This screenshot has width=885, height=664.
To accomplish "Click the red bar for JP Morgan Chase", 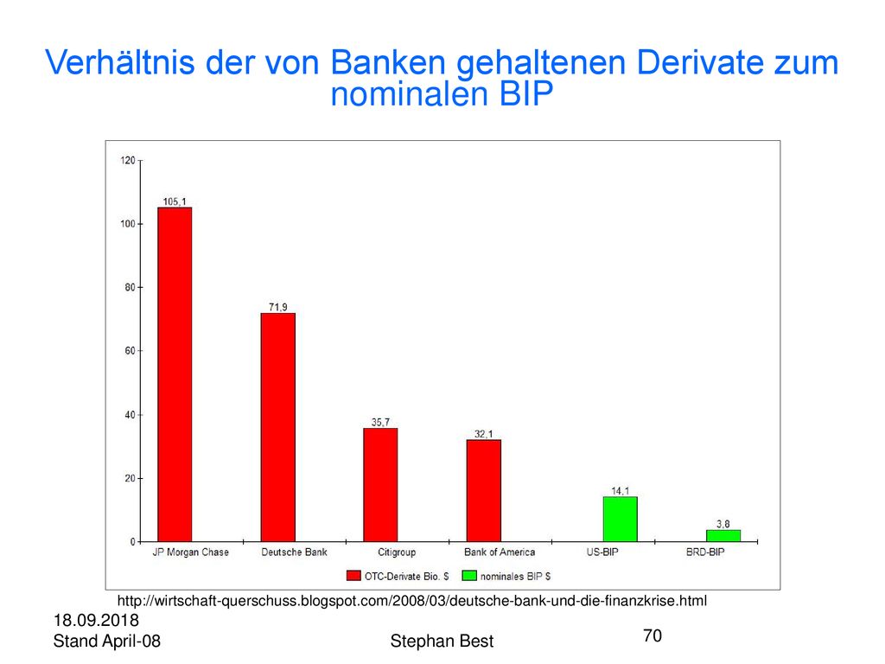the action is (x=175, y=374).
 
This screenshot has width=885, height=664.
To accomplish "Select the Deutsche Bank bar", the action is (x=277, y=427).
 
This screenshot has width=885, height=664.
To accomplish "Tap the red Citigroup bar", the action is (x=380, y=485).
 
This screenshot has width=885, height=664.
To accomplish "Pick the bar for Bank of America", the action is (x=484, y=491).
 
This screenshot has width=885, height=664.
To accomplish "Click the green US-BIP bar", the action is (x=621, y=520).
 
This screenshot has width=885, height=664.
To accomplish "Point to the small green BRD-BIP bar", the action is (x=723, y=536).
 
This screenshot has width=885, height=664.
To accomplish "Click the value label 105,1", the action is (x=175, y=201).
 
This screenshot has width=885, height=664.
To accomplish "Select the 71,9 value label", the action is (x=277, y=307).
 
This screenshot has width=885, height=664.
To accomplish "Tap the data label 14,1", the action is (x=621, y=491).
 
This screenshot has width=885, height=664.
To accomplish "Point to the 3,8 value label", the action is (x=723, y=524).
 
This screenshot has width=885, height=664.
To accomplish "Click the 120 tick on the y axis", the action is (x=128, y=161).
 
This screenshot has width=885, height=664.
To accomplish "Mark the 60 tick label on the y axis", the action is (x=130, y=351).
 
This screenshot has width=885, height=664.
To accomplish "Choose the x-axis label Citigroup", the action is (x=397, y=552).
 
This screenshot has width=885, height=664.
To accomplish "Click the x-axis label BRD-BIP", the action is (x=705, y=552).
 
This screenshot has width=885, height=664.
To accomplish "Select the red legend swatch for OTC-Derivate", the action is (x=353, y=576).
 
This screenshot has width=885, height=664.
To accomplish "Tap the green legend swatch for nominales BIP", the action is (x=469, y=576).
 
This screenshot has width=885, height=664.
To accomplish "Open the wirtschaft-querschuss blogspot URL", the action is (x=412, y=601).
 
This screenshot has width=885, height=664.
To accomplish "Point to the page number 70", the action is (x=653, y=635).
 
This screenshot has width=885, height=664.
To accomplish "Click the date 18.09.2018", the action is (x=96, y=621).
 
